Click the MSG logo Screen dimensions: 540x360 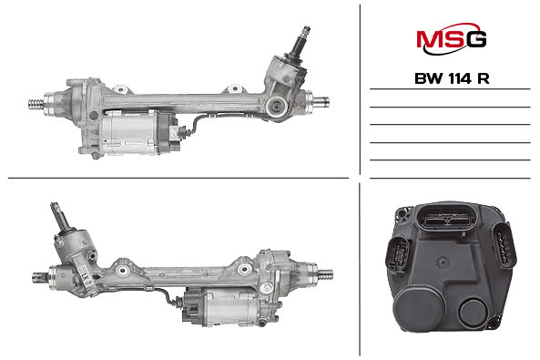coord(451,39)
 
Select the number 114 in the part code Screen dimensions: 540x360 coord(460,79)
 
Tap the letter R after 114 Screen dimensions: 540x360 coord(484,79)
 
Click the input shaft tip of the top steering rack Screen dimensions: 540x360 coord(305,30)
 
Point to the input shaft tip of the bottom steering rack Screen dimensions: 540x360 coord(55,206)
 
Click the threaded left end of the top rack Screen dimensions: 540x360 coord(36,104)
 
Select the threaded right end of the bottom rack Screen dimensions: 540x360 coord(325,275)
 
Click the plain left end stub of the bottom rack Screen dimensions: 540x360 coord(41,277)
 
